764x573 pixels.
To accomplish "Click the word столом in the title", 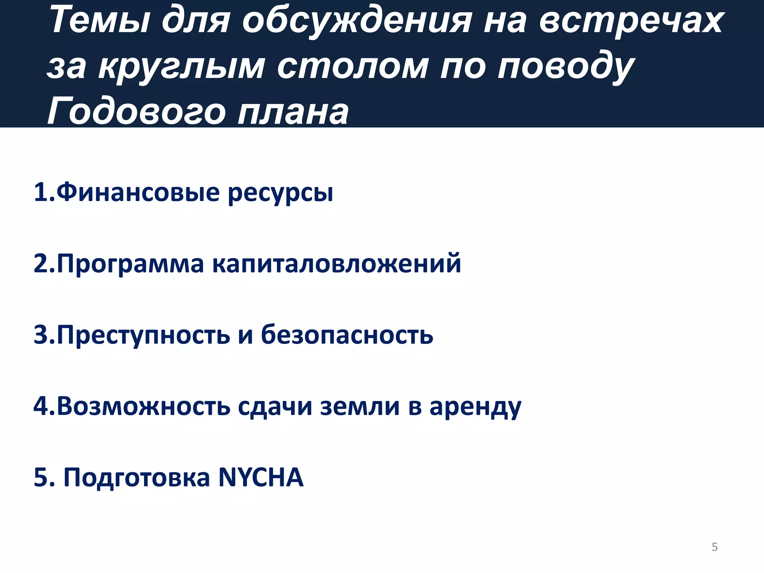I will coord(353,66).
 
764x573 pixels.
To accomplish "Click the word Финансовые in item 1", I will coord(138,192).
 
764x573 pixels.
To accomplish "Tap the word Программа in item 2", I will coord(130,264).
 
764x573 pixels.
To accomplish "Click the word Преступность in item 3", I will coord(143,335).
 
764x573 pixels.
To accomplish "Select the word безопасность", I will coord(347,335).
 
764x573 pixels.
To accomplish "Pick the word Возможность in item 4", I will coord(143,406).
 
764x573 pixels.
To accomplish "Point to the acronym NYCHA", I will coord(261,477).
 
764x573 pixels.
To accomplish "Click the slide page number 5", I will coord(714,547).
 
